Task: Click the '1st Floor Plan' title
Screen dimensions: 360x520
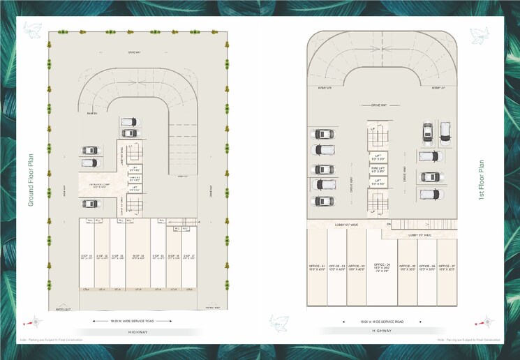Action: [x=481, y=179]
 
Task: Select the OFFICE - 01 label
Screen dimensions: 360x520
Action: [x=318, y=267]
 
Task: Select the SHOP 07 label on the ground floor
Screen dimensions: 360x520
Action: [x=188, y=257]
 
